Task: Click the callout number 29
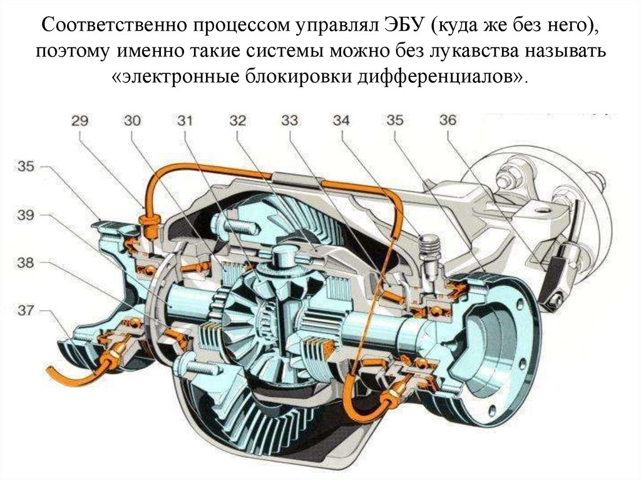[79, 121]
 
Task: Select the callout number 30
[132, 121]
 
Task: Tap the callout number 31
[185, 121]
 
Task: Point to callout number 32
[237, 121]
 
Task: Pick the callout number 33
[290, 121]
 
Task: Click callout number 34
[342, 121]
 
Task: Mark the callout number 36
[448, 120]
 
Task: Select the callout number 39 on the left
[25, 215]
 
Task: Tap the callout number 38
[25, 263]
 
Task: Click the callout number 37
[25, 311]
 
